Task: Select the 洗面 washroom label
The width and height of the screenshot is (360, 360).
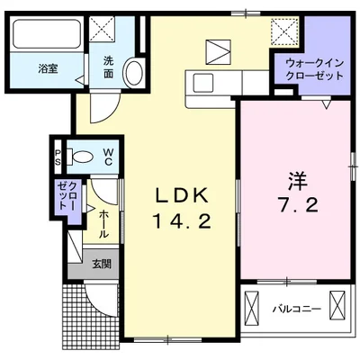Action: click(108, 67)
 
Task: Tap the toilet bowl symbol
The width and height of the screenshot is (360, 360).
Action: click(83, 157)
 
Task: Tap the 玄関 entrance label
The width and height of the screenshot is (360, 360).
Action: click(101, 264)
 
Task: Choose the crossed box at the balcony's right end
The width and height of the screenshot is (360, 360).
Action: click(339, 306)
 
